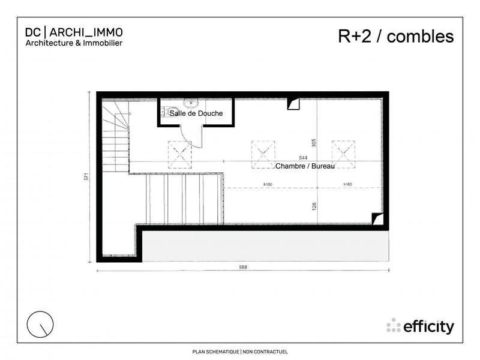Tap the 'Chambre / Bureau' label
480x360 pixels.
pyautogui.click(x=304, y=165)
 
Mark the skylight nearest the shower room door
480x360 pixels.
pyautogui.click(x=179, y=153)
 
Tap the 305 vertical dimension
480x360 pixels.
pyautogui.click(x=315, y=142)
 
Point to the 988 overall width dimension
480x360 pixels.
pyautogui.click(x=242, y=267)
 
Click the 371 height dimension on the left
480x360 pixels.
pyautogui.click(x=86, y=177)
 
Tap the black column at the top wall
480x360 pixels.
pyautogui.click(x=293, y=104)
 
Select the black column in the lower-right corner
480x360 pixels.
pyautogui.click(x=376, y=219)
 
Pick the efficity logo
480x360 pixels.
pyautogui.click(x=420, y=326)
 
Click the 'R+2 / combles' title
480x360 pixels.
pyautogui.click(x=396, y=37)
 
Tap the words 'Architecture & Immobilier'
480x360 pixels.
pyautogui.click(x=74, y=43)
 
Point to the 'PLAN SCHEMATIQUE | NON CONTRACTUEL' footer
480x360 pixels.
pyautogui.click(x=240, y=352)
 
